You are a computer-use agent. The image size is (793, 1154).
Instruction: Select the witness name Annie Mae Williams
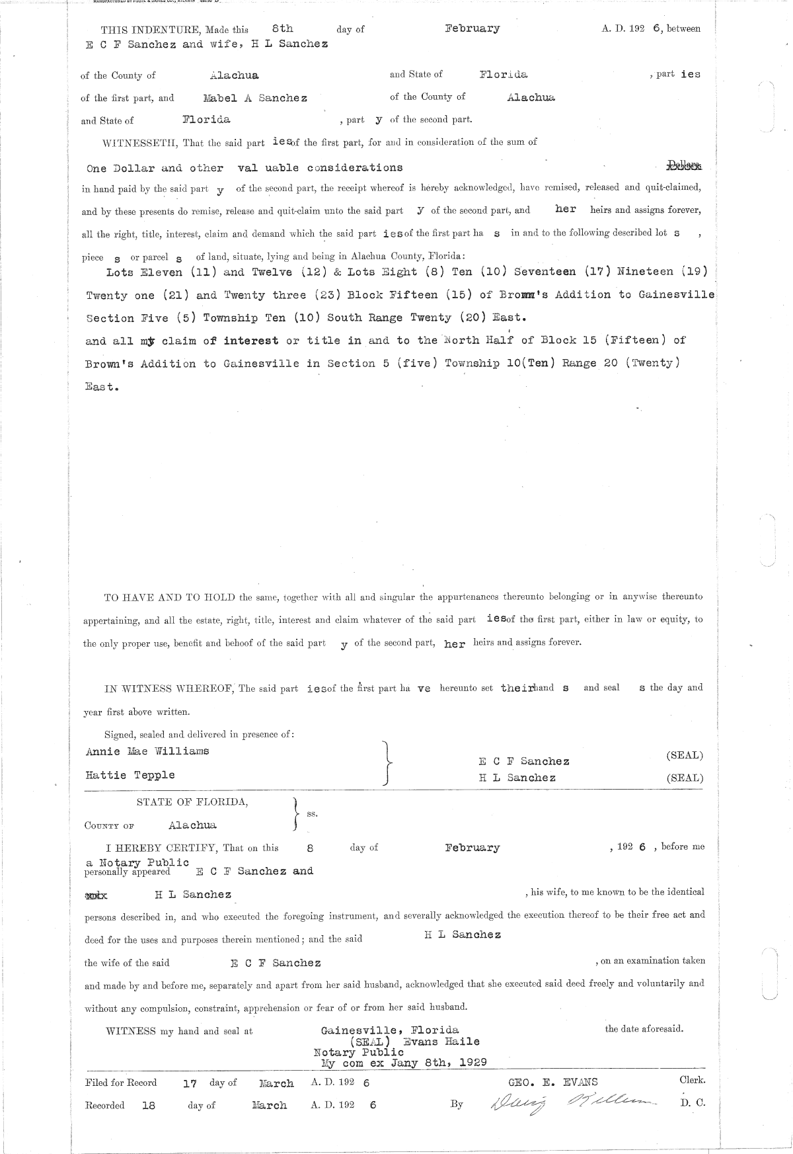147,751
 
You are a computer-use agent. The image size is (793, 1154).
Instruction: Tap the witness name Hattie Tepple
130,774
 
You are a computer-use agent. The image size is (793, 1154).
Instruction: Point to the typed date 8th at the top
282,28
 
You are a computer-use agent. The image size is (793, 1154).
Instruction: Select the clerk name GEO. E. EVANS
552,1082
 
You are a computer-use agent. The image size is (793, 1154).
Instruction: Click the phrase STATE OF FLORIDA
192,802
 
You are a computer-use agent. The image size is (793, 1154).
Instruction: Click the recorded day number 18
149,1105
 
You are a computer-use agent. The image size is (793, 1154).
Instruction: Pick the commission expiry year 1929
472,1063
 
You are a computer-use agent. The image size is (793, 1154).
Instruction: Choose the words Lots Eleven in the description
144,272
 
